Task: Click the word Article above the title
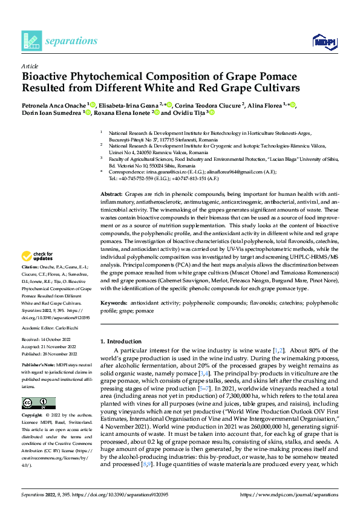(x=30, y=65)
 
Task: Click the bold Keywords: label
(x=113, y=301)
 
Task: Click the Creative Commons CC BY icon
(x=38, y=403)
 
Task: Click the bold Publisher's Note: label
(x=38, y=367)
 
